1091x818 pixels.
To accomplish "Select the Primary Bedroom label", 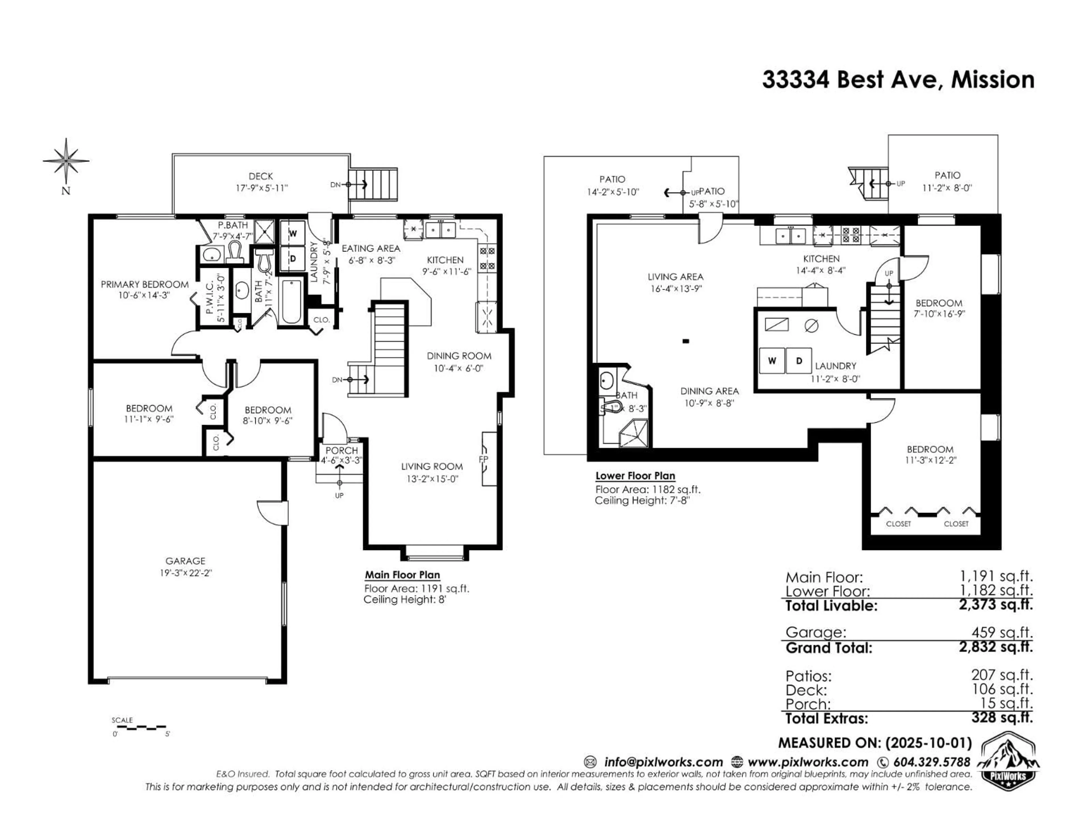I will click(x=145, y=285).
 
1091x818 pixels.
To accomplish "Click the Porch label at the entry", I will click(x=341, y=451).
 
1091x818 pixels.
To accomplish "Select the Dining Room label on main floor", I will click(x=459, y=356).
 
